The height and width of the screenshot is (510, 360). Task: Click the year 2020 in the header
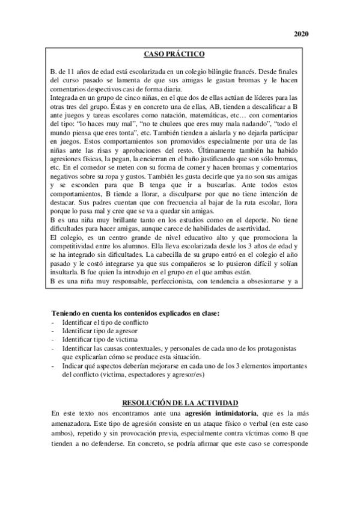pyautogui.click(x=301, y=34)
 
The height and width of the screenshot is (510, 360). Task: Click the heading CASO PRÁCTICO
pyautogui.click(x=179, y=54)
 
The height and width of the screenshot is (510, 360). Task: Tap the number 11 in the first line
pyautogui.click(x=72, y=71)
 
